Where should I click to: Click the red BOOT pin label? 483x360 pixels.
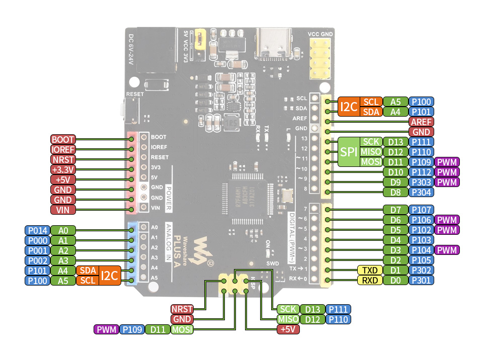(63, 139)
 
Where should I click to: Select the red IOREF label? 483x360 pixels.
(63, 149)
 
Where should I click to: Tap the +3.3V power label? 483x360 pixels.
(63, 169)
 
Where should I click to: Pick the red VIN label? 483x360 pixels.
(63, 210)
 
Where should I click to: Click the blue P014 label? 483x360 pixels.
(37, 230)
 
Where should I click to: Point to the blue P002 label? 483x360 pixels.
(37, 260)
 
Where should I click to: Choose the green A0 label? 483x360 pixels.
(63, 230)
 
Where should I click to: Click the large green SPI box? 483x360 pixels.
(348, 152)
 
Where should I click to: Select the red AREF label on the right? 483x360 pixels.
(421, 122)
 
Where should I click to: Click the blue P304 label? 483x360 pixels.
(421, 192)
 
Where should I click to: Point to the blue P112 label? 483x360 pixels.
(421, 172)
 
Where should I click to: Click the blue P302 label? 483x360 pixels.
(421, 270)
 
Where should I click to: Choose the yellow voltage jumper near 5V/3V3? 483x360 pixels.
(201, 38)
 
